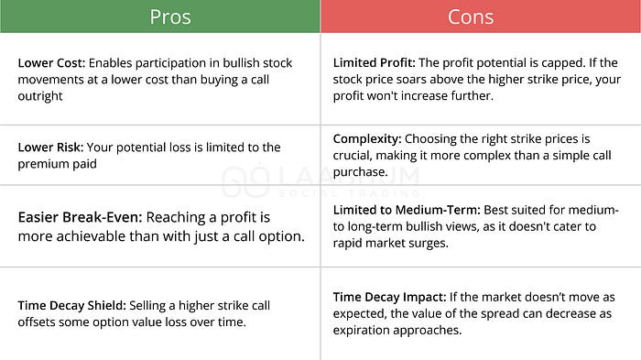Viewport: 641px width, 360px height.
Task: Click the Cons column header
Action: [471, 16]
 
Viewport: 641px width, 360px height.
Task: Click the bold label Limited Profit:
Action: [375, 62]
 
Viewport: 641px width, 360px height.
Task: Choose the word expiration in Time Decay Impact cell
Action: [374, 329]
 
